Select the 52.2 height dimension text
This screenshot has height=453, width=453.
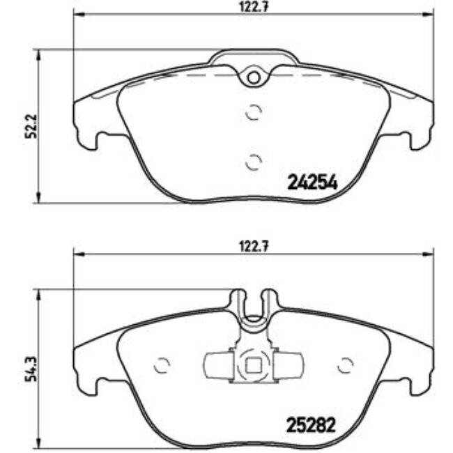(x=29, y=126)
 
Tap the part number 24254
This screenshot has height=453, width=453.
(x=312, y=183)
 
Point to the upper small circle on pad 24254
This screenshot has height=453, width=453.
(x=254, y=112)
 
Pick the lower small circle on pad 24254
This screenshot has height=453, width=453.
(x=254, y=161)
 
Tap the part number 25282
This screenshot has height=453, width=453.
(x=312, y=423)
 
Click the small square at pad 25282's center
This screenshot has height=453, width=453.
(x=254, y=364)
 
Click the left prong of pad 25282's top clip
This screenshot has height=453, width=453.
(x=238, y=300)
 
